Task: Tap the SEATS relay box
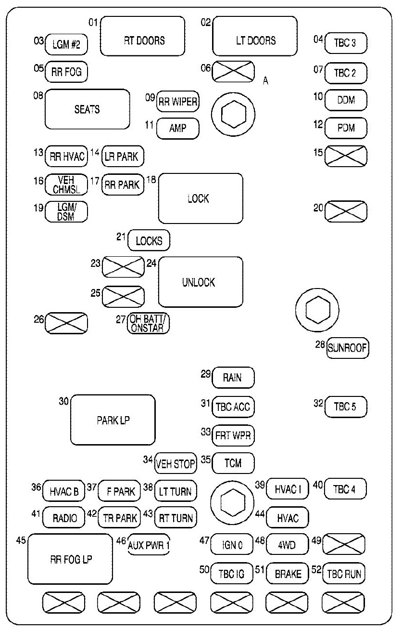[88, 109]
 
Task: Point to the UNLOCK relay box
[201, 282]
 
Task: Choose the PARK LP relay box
[113, 420]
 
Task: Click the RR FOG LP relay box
[70, 559]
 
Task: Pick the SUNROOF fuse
[348, 348]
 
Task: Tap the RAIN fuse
[233, 378]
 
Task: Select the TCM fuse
[233, 463]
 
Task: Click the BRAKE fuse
[287, 573]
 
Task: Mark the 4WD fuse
[287, 546]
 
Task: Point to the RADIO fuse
[65, 518]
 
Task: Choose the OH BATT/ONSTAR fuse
[149, 324]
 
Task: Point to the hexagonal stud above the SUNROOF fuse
[318, 313]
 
